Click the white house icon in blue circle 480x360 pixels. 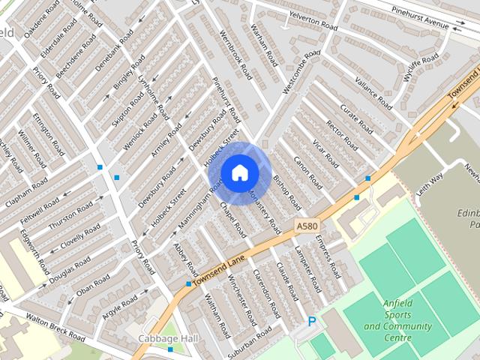point(239,173)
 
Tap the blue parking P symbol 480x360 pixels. point(312,322)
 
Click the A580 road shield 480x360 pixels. point(306,225)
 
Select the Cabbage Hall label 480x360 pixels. point(167,340)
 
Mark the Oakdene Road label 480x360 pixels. point(41,19)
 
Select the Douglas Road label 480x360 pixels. point(70,271)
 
